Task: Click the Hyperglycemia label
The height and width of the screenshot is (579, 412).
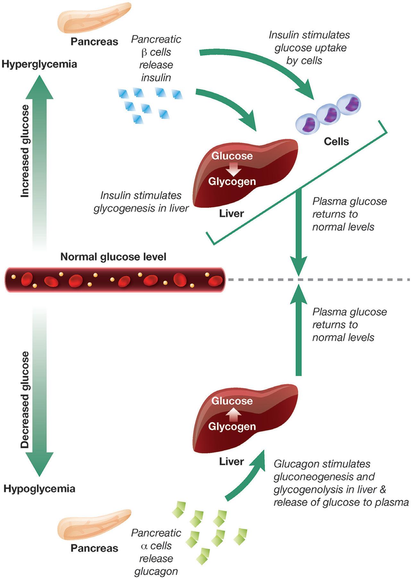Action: (x=39, y=64)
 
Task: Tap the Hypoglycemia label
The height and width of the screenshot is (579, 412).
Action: (x=39, y=489)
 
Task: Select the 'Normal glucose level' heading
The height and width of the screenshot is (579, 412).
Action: (x=113, y=257)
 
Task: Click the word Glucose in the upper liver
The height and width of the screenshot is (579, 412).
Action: (x=232, y=156)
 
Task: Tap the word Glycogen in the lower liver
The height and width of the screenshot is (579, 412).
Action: (x=232, y=426)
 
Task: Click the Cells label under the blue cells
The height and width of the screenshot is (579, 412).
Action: (x=336, y=141)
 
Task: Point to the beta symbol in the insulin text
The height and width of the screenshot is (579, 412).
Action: (x=144, y=53)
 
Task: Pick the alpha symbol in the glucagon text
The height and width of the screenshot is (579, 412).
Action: (x=144, y=546)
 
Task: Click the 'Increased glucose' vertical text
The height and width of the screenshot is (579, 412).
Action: (x=25, y=151)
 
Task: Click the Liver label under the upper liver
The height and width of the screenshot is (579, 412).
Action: (x=231, y=214)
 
